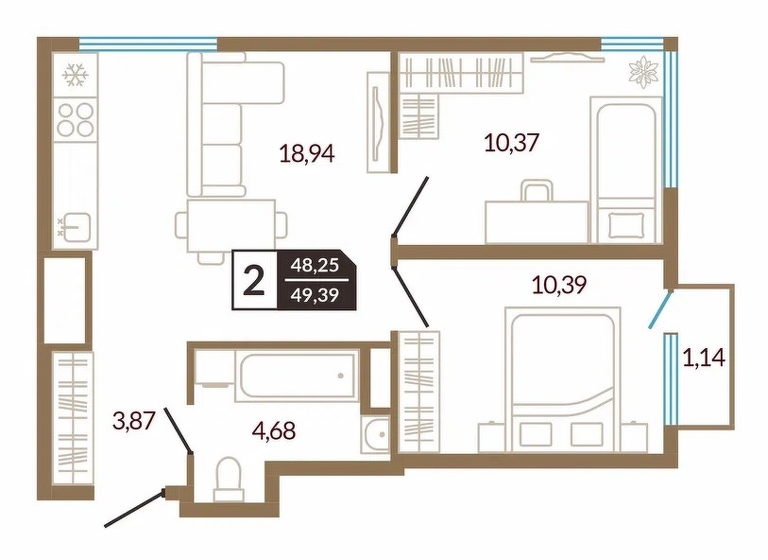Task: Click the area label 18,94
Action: tap(307, 153)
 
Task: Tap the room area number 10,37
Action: tap(512, 143)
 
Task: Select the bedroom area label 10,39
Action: tap(560, 285)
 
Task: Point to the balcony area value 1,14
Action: tap(704, 358)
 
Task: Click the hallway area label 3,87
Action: tap(134, 421)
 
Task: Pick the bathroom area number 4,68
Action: tap(274, 430)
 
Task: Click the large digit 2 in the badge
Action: tap(254, 280)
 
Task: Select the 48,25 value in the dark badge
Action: tap(315, 266)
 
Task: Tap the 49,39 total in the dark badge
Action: tap(315, 295)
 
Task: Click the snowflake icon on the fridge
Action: tap(76, 75)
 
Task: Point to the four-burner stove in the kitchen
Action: tap(76, 118)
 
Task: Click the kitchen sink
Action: tap(77, 227)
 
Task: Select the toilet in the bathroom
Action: tap(229, 481)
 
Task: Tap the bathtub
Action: tap(296, 376)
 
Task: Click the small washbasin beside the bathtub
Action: tap(375, 434)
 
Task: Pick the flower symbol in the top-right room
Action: tap(643, 73)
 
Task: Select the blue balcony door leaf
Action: tap(659, 309)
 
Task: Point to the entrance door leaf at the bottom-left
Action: tap(134, 509)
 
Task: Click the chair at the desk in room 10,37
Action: tap(537, 191)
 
